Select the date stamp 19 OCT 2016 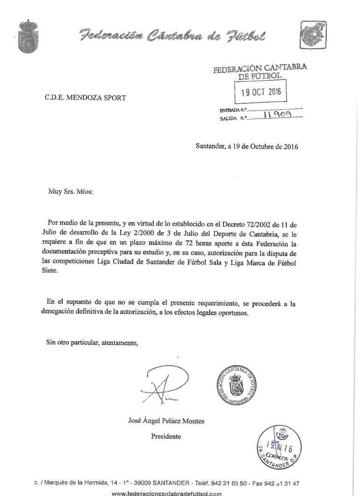[261, 92]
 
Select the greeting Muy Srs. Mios [71, 191]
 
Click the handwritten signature [164, 385]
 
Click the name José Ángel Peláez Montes [166, 421]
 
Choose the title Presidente [166, 437]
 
